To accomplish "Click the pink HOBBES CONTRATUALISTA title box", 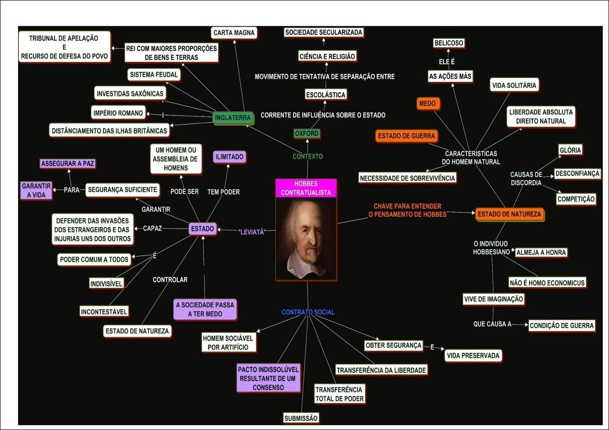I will tap(306, 188).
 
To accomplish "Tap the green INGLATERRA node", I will tap(232, 118).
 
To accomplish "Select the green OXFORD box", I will tap(306, 134).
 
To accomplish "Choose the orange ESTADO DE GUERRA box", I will tap(406, 136).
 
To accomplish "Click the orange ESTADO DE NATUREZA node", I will tap(509, 214).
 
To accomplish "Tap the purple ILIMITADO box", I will tap(229, 156).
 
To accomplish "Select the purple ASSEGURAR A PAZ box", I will tap(68, 163).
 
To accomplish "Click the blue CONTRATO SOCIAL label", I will tap(308, 312).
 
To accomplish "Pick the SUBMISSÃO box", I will tap(301, 418).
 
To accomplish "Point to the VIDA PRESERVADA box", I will tap(473, 355).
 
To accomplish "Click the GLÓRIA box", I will tap(570, 150).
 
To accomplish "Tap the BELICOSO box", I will tap(448, 43).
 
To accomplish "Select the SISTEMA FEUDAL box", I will tap(154, 75).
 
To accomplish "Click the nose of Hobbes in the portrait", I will tap(310, 238).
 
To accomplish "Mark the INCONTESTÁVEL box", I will tap(104, 312).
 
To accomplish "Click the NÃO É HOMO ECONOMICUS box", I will tap(547, 283).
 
